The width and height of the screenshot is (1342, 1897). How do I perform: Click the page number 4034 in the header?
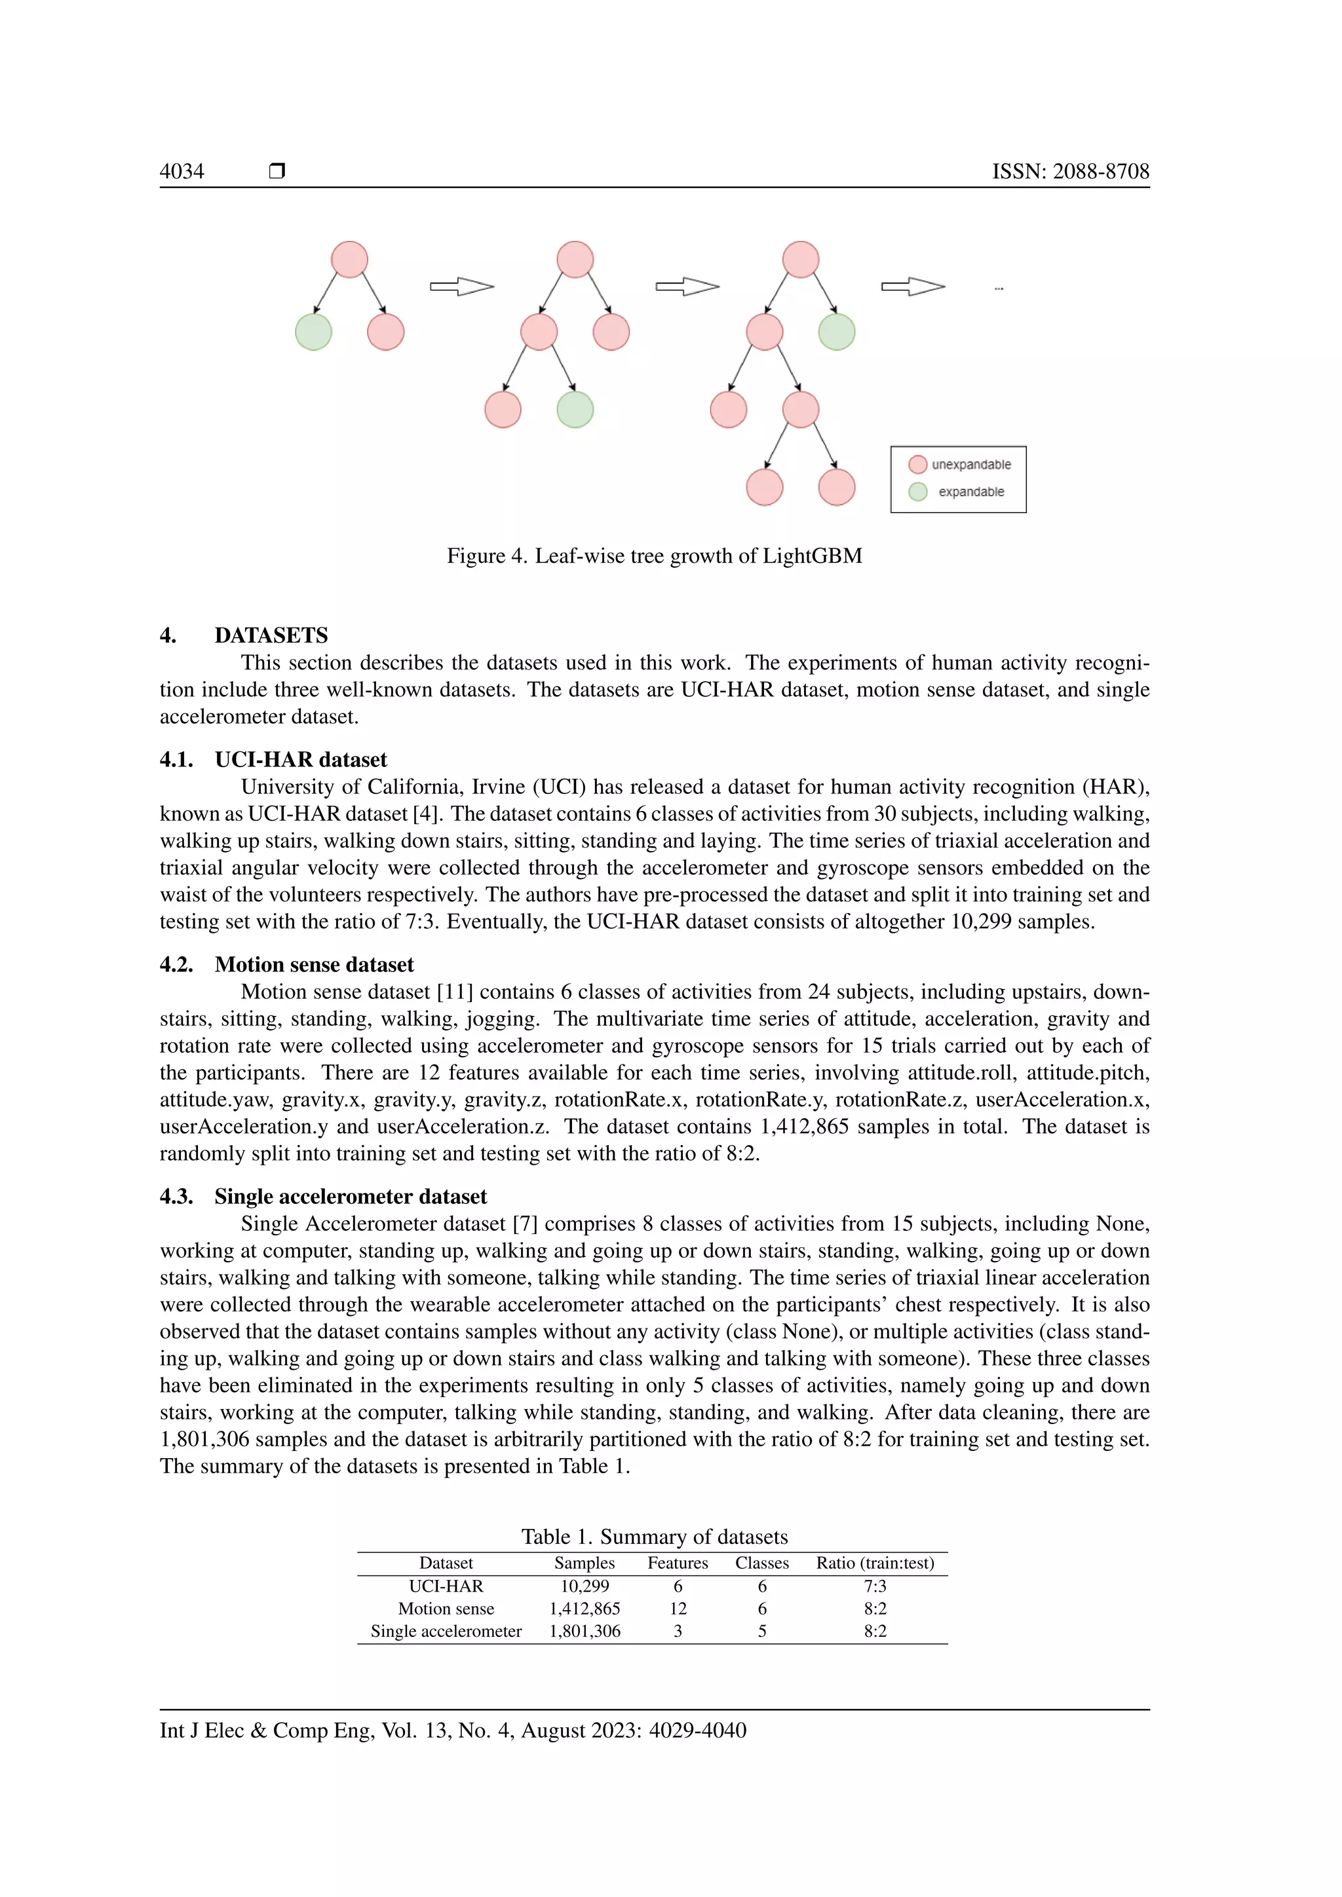(182, 171)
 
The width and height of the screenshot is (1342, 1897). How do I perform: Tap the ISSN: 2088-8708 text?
(1070, 171)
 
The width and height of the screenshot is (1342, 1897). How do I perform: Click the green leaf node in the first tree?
(313, 332)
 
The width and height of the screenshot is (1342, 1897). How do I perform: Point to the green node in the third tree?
(836, 332)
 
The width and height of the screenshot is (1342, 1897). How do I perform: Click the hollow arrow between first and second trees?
(461, 287)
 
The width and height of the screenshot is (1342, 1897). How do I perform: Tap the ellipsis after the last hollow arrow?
(998, 288)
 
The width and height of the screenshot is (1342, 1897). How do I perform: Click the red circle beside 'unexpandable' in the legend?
(917, 464)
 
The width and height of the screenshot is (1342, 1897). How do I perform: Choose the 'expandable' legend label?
(971, 491)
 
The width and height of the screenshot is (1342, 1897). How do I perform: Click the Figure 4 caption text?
(655, 556)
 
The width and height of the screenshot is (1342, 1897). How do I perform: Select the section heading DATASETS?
(271, 635)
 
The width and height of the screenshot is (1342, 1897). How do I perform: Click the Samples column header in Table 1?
(585, 1563)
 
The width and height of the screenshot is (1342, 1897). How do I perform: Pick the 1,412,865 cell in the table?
(585, 1609)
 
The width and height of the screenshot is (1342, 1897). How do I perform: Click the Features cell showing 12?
(678, 1609)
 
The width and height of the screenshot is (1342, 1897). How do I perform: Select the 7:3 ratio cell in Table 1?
(875, 1587)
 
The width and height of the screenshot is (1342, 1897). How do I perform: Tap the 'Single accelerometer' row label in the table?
(446, 1632)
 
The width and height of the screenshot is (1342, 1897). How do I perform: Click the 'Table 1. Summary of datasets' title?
(655, 1537)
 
